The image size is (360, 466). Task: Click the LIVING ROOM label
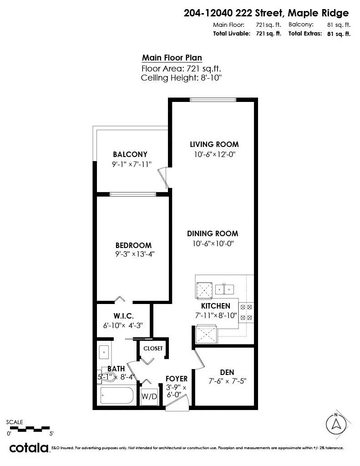(x=214, y=144)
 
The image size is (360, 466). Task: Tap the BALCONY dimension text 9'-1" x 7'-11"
(x=132, y=164)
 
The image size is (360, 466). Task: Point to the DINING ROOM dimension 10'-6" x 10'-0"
(x=213, y=243)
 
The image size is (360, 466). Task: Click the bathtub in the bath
(x=117, y=395)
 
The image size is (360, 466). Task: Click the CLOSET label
(x=153, y=348)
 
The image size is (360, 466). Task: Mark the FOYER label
(x=177, y=378)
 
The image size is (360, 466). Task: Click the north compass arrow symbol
(x=336, y=424)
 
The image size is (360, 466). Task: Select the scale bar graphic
(x=29, y=428)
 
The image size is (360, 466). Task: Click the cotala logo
(x=29, y=447)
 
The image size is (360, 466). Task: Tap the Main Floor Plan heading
(x=172, y=58)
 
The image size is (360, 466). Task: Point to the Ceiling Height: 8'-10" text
(x=181, y=78)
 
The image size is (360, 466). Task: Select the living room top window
(x=213, y=100)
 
